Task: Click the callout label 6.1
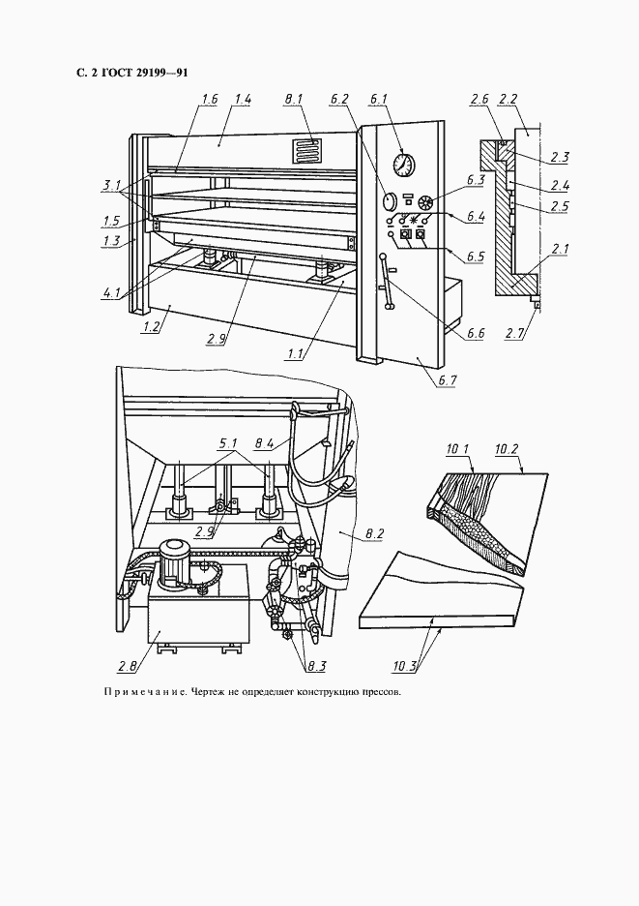tap(378, 100)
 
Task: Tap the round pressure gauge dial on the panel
tap(404, 165)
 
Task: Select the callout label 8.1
tap(293, 100)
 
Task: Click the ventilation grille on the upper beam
tap(305, 151)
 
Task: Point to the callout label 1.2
tap(151, 327)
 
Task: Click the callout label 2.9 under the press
tap(216, 339)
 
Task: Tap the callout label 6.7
tap(447, 379)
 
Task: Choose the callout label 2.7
tap(513, 333)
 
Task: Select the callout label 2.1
tap(560, 250)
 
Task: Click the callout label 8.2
tap(375, 533)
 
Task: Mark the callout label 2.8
tap(128, 666)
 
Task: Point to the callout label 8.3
tap(316, 666)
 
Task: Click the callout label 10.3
tap(405, 666)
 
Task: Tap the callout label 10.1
tap(458, 449)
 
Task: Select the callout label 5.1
tap(227, 444)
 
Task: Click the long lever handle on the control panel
tap(386, 282)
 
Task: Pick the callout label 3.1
tap(111, 186)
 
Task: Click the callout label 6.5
tap(476, 257)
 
